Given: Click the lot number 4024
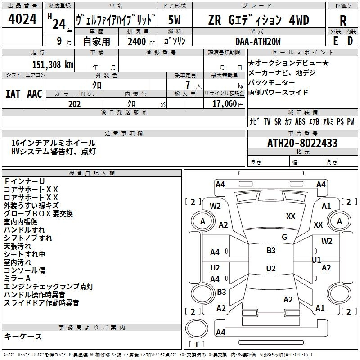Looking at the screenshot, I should click(x=22, y=19).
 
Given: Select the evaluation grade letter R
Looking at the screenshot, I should click(x=343, y=20).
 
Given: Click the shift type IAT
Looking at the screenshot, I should click(x=13, y=94).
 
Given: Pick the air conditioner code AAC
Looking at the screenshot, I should click(x=35, y=94).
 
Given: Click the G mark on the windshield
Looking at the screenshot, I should click(x=284, y=237).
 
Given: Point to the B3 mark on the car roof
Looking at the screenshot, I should click(x=271, y=251).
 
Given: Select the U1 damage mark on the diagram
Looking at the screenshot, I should click(x=316, y=260).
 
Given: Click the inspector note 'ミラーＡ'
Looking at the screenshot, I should click(x=17, y=279).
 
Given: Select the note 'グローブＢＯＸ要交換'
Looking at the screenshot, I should click(x=38, y=214).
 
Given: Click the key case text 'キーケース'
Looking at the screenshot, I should click(x=23, y=336).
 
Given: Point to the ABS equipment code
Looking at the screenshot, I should click(x=300, y=121).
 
